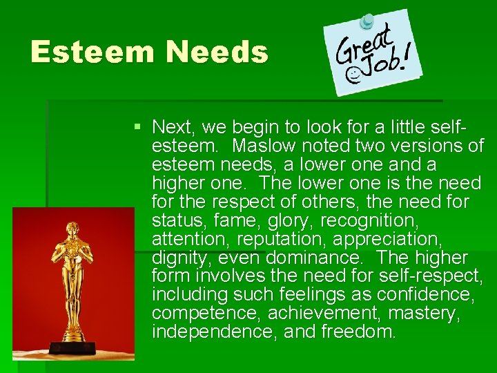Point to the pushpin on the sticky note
[x=369, y=21]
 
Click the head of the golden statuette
[x=71, y=230]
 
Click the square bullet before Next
[x=139, y=127]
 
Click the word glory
[x=281, y=221]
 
